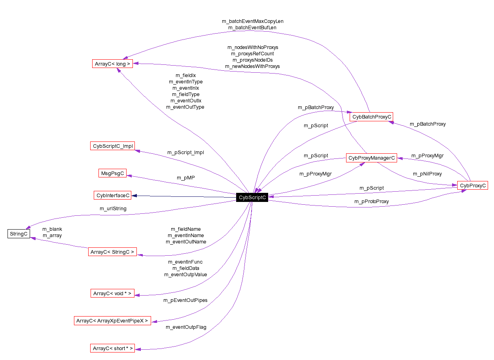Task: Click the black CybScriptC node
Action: click(252, 198)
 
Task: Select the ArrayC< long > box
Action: click(112, 64)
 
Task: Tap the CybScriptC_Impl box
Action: click(113, 146)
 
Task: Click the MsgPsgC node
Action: click(113, 173)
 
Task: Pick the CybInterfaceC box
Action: click(113, 195)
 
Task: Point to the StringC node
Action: click(19, 234)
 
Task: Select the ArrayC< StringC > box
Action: click(112, 252)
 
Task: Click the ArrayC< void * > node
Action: click(112, 293)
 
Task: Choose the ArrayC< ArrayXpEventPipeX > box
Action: click(112, 321)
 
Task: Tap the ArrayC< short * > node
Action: click(112, 348)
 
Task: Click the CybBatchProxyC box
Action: click(371, 117)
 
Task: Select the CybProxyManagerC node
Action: click(371, 158)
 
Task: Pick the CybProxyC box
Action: click(472, 185)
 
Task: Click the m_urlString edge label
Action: click(113, 209)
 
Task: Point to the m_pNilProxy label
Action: click(427, 173)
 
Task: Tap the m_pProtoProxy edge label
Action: click(371, 202)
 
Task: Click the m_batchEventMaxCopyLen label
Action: click(253, 21)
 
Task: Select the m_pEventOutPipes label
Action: click(185, 300)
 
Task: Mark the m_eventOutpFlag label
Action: click(186, 327)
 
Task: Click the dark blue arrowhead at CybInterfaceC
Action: click(134, 195)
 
